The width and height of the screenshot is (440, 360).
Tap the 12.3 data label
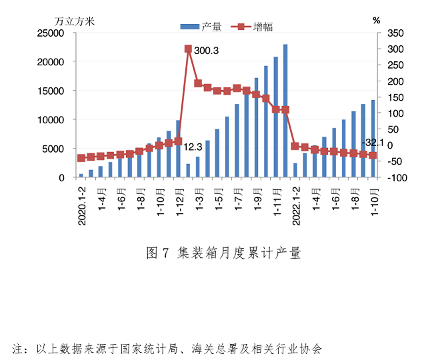pos(193,147)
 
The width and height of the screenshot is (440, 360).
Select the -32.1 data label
pos(371,143)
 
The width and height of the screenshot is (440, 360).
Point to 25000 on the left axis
pos(50,33)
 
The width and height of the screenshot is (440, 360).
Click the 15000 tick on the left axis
pos(50,91)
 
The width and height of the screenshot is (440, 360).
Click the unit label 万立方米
pos(74,20)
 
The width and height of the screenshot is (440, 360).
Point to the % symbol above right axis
pos(376,20)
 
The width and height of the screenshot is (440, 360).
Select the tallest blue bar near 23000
pos(285,111)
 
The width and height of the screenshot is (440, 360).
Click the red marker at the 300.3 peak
pos(188,49)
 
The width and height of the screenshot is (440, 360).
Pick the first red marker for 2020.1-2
pos(81,158)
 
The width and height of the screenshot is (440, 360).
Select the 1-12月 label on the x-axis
pos(180,198)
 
